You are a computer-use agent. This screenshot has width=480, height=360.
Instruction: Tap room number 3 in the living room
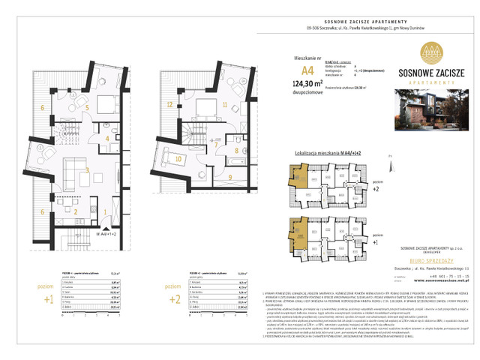[x=88, y=172]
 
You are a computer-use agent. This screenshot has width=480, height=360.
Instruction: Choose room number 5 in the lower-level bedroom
[x=88, y=108]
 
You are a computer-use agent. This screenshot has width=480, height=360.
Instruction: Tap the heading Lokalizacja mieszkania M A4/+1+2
[x=323, y=151]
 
